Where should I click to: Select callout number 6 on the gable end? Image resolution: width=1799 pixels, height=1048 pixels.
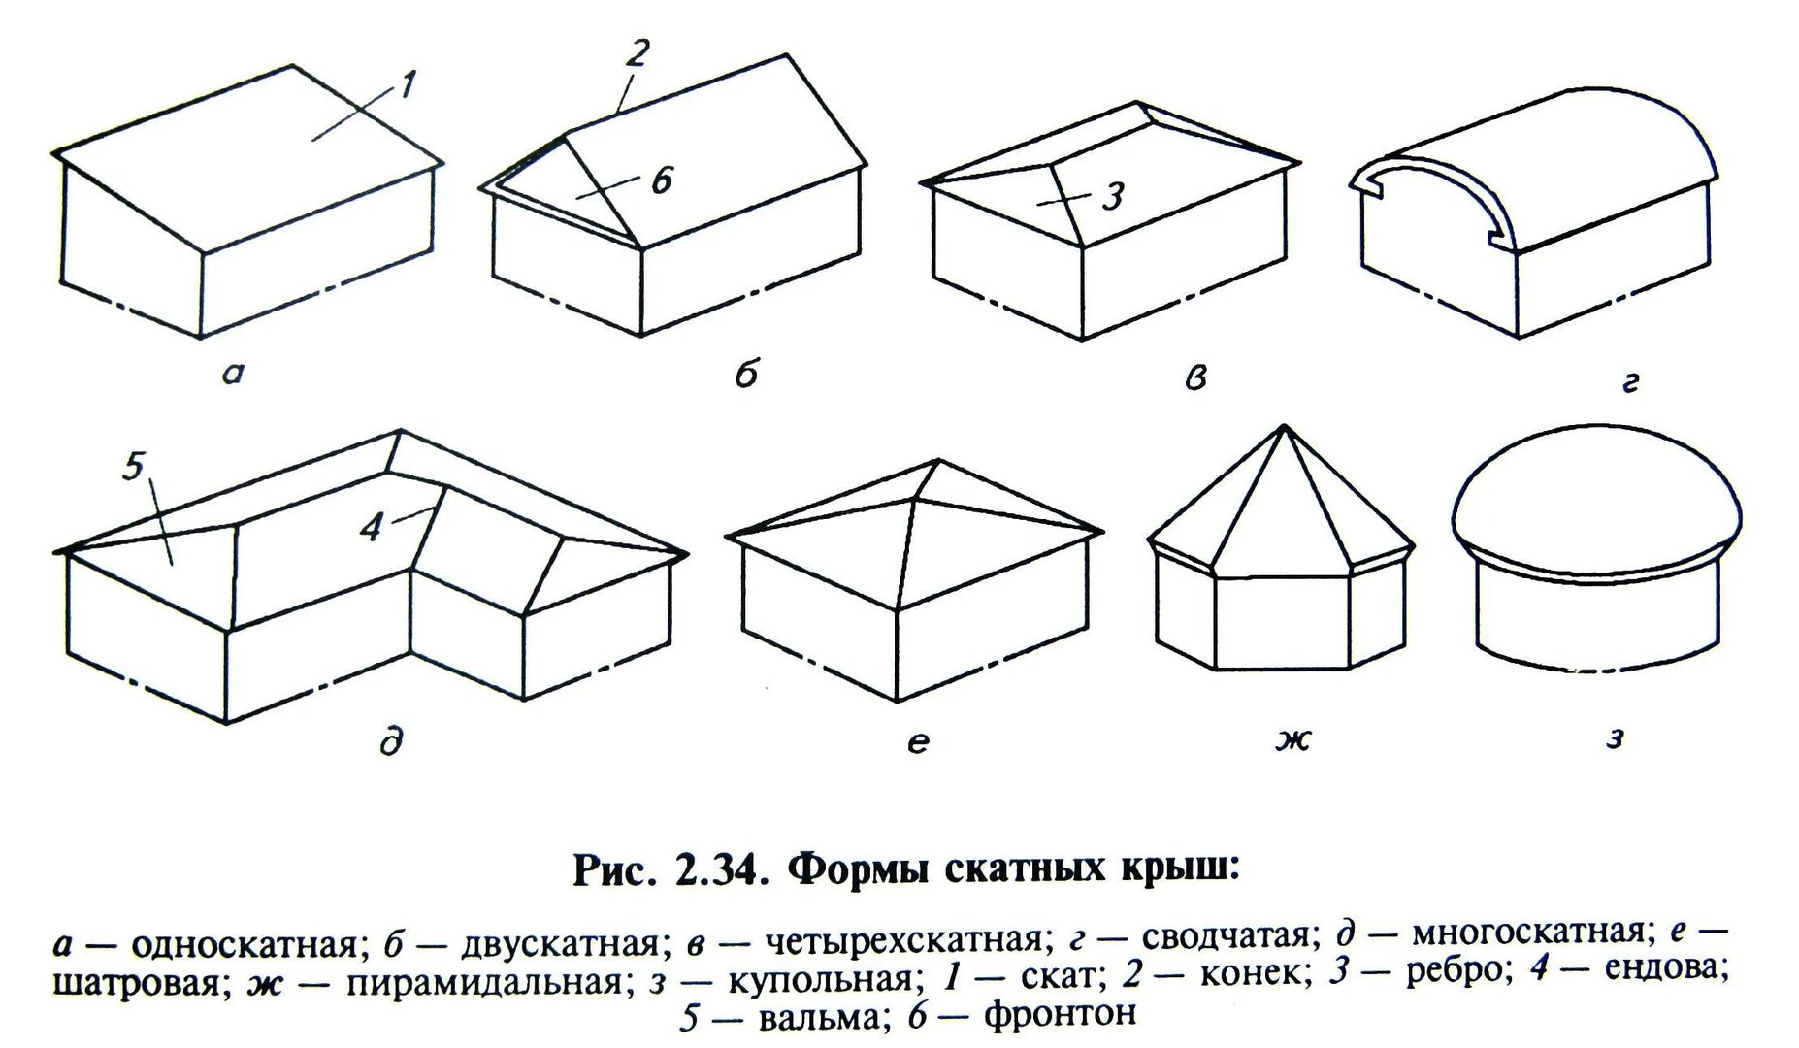[662, 180]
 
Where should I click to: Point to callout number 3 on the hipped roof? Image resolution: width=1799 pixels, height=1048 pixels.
[1112, 196]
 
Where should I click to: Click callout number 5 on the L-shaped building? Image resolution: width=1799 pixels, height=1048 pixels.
[134, 466]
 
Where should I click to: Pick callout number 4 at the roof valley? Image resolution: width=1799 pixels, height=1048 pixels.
[370, 528]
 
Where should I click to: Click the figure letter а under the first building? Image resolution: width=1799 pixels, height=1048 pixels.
[232, 374]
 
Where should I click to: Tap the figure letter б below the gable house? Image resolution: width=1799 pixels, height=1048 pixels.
[745, 372]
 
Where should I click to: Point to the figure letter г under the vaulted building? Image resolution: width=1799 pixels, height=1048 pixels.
[1630, 384]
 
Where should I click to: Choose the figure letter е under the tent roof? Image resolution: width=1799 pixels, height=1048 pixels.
[919, 742]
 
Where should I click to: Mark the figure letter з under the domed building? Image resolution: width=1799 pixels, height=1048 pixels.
[1614, 738]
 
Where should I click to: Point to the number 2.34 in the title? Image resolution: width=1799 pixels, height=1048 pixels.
[711, 868]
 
